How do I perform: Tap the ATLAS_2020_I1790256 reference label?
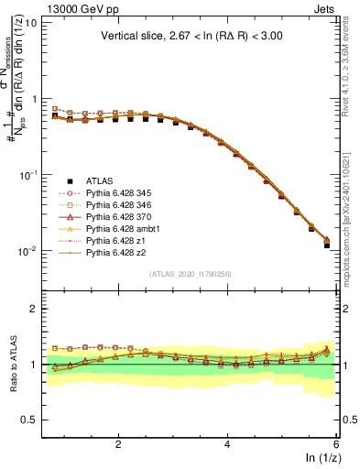click(191, 274)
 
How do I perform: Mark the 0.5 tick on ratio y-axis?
click(27, 420)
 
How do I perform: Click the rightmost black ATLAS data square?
click(327, 245)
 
